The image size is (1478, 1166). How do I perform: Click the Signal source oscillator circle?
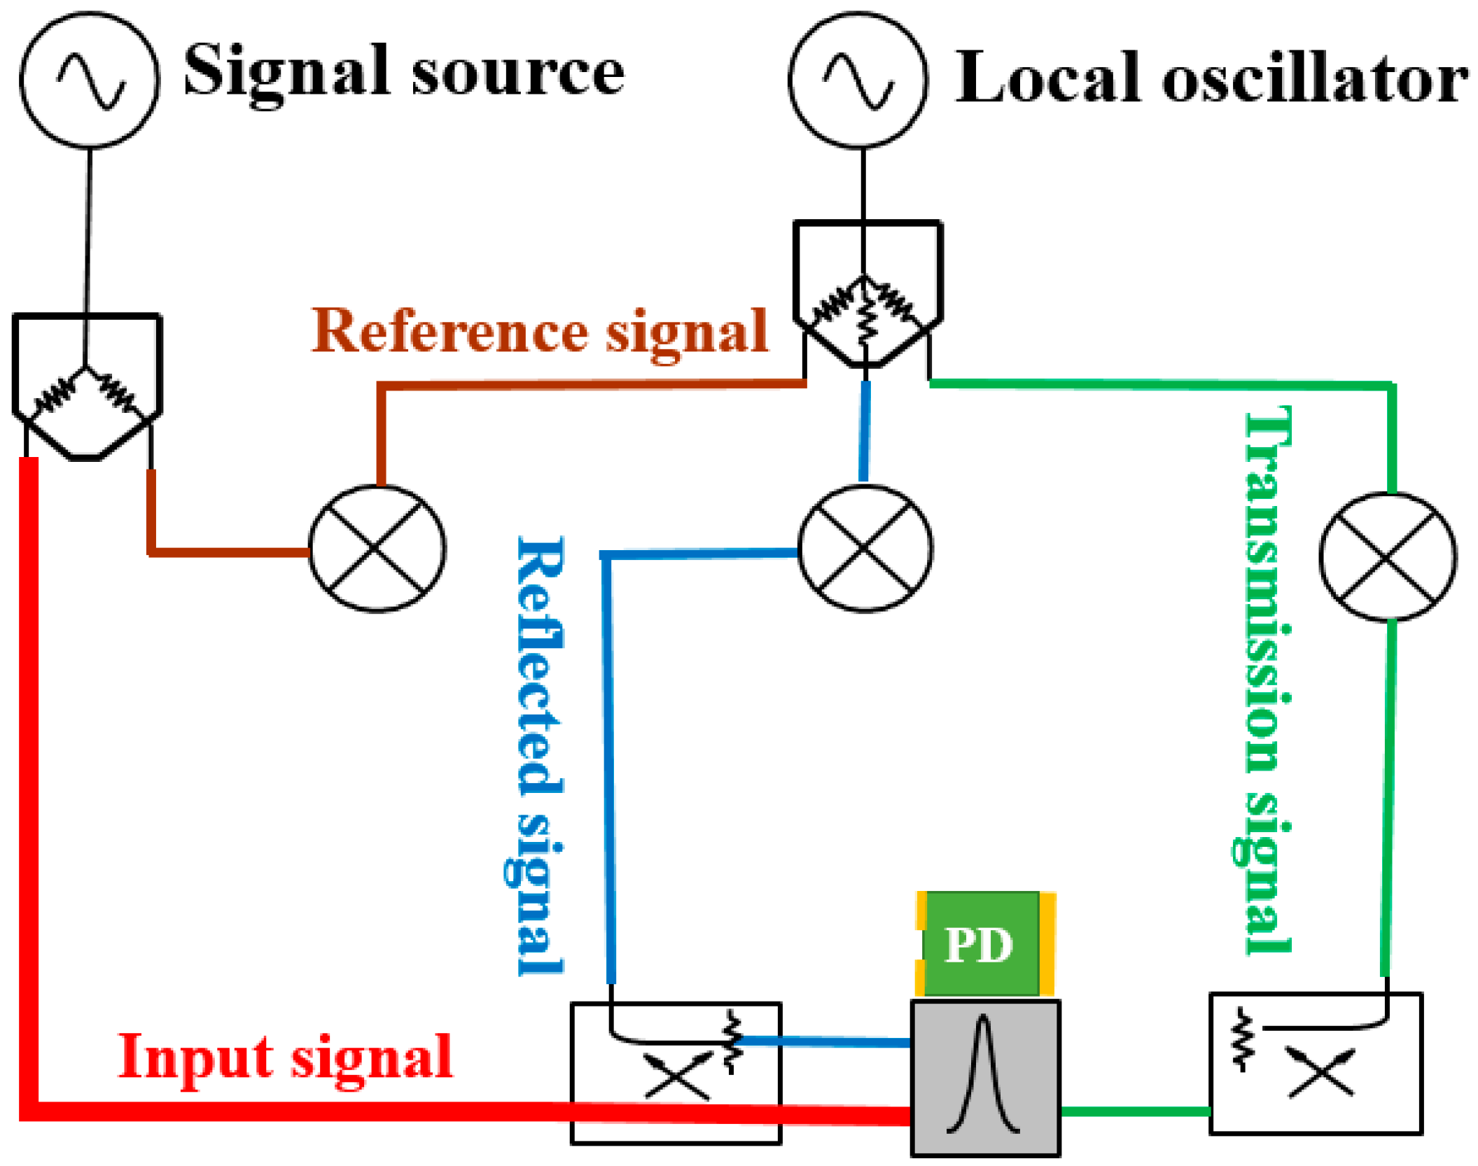90,79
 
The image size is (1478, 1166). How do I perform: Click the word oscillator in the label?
1315,78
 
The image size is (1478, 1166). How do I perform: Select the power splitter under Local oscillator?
867,294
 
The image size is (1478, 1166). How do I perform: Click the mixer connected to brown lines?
377,548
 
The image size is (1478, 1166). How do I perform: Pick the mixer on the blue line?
865,548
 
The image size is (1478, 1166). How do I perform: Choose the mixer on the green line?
1388,557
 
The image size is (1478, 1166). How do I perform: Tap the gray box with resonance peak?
984,1078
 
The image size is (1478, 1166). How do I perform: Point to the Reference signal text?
539,332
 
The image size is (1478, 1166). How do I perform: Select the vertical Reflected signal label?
540,756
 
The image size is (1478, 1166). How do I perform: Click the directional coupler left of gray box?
675,1074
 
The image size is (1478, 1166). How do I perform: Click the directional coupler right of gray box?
1315,1064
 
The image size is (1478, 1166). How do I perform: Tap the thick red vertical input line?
29,770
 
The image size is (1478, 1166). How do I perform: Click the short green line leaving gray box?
1134,1111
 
